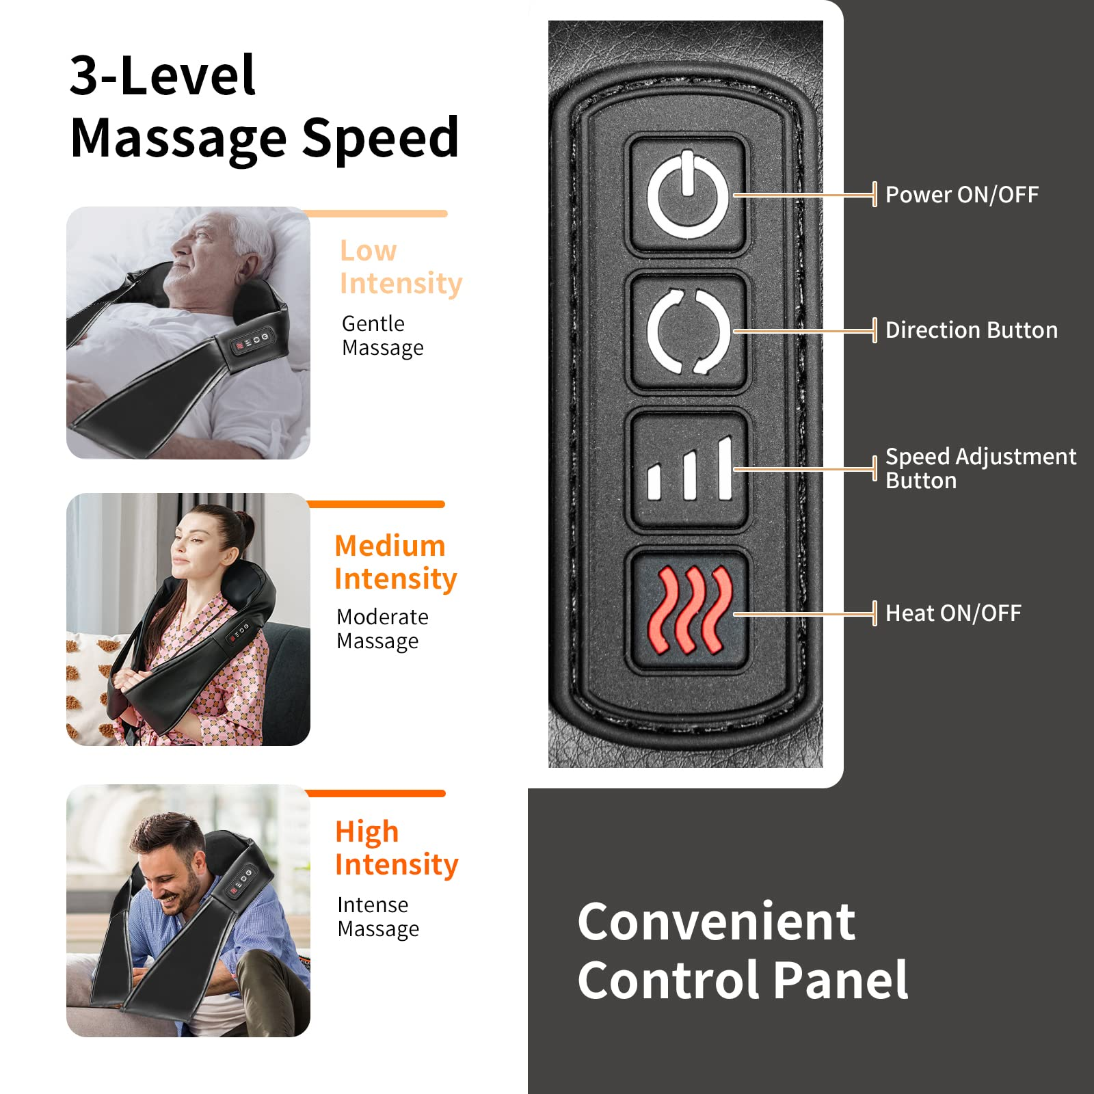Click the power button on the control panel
688,196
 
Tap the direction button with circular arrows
688,332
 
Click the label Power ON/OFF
961,195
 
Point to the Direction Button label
971,330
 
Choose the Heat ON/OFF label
953,613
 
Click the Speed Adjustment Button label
980,468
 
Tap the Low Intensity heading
401,267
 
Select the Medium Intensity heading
395,562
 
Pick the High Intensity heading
397,848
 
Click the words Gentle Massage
382,335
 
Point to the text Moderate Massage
382,629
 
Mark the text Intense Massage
378,917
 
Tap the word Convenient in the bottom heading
716,922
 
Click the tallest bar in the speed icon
725,468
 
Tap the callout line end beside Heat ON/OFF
874,613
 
